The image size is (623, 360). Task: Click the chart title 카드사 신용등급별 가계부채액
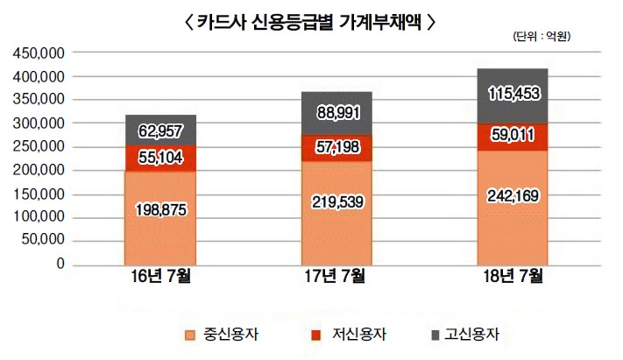coord(311,22)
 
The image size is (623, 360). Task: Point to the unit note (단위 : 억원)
coord(544,38)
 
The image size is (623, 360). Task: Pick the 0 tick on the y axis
coord(60,264)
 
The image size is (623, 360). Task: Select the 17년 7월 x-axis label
coord(336,279)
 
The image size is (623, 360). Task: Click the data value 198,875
coord(160,210)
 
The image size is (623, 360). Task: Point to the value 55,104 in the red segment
coord(160,158)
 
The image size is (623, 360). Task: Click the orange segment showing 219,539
coord(336,201)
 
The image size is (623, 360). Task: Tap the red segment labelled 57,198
coord(336,145)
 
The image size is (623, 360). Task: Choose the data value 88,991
coord(336,112)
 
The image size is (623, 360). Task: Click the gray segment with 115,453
coord(513,92)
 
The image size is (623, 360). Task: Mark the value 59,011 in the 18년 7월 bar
coord(513,137)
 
